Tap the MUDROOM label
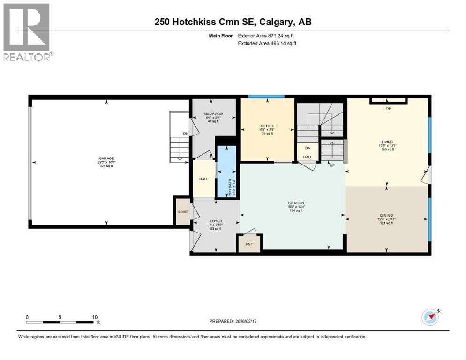tap(213, 114)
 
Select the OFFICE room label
tap(267, 126)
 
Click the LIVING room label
tap(387, 141)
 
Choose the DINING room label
tap(387, 215)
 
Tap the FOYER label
tap(216, 221)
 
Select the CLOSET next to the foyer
tap(182, 212)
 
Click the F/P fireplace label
tap(388, 108)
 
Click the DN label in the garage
tap(186, 133)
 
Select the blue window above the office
tap(266, 97)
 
